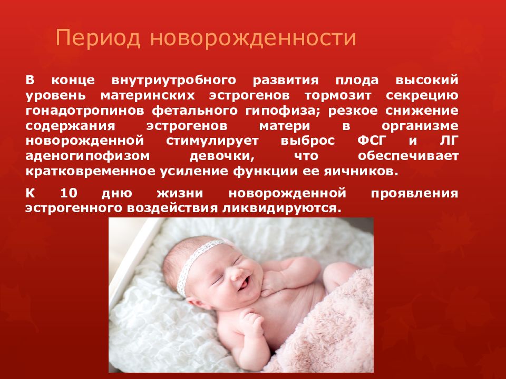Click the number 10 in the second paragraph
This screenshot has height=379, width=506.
[69, 193]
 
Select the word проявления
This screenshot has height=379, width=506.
[414, 193]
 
